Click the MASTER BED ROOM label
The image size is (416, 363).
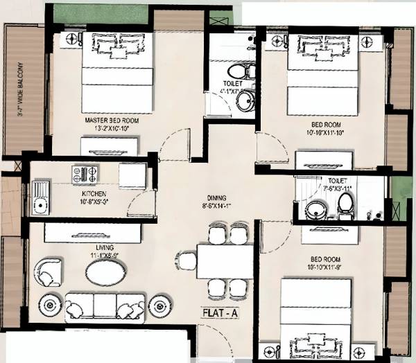tap(112, 120)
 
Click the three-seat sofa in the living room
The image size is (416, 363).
tap(105, 306)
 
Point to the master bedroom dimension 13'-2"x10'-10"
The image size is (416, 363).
tap(112, 128)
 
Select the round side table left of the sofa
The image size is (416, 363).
tap(50, 303)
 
